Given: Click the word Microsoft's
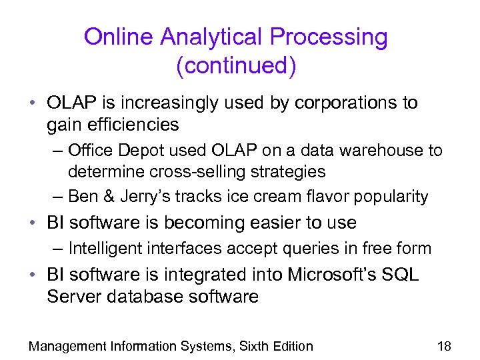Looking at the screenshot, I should [319, 275].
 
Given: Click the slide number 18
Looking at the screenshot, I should [444, 345].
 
